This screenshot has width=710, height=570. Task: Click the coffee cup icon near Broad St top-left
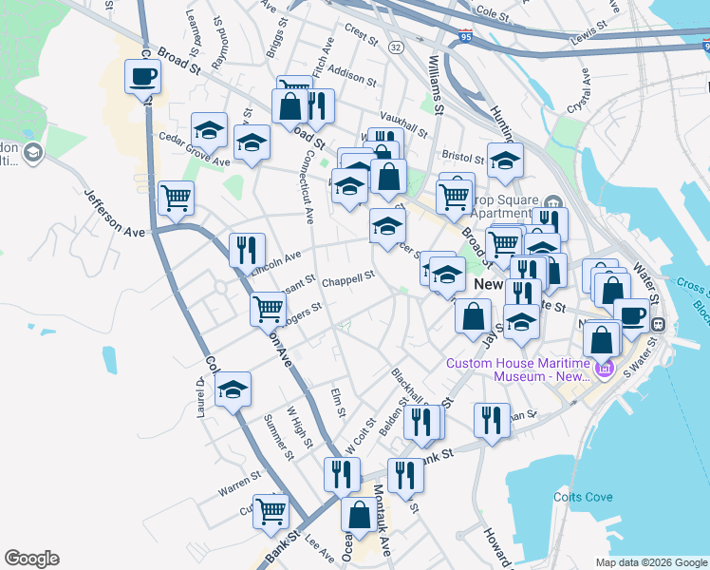point(142,77)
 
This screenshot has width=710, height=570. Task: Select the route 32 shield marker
point(396,47)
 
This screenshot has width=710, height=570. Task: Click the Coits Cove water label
point(584,497)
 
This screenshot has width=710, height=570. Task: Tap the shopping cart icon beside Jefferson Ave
point(176,198)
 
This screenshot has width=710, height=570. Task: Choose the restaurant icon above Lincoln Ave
point(247,250)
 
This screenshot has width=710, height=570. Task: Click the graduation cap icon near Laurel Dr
point(233,390)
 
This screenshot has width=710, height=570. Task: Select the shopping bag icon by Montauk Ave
point(360,516)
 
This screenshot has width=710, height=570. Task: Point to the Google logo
point(31,559)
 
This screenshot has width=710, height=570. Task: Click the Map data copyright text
point(650,562)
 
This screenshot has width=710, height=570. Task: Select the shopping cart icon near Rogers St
point(269,309)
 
